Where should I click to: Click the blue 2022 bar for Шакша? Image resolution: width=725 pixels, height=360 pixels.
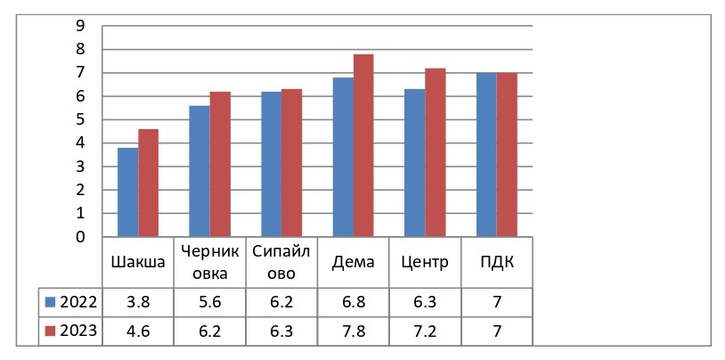[x=127, y=192]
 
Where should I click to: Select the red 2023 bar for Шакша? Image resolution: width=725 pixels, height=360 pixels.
[x=148, y=184]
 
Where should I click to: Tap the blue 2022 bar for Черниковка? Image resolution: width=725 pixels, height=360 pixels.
[x=200, y=171]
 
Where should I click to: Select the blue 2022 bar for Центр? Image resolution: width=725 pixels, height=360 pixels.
[x=414, y=163]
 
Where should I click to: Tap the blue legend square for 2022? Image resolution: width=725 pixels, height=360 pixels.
[x=50, y=302]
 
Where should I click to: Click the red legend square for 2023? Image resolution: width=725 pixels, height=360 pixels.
[x=50, y=331]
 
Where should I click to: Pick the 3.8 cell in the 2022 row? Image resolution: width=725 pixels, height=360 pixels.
[x=137, y=302]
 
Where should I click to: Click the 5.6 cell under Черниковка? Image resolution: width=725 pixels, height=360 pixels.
[x=209, y=302]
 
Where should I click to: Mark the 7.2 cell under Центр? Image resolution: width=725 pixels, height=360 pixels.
[x=425, y=331]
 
